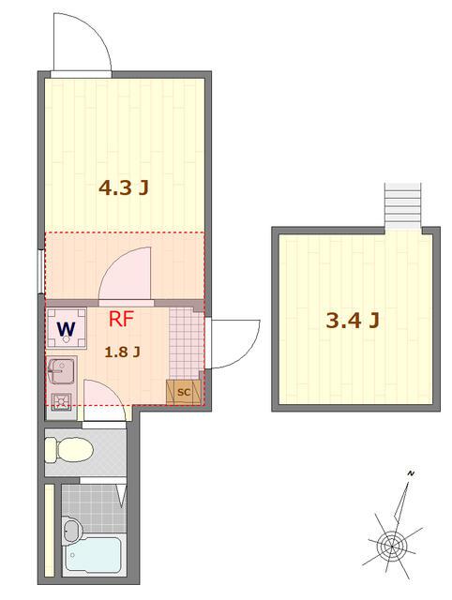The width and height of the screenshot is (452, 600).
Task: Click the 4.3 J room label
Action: click(124, 187)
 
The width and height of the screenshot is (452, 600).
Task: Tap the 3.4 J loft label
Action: click(352, 322)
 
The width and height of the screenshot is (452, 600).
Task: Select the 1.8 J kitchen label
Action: click(122, 352)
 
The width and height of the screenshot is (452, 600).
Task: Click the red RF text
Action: click(122, 318)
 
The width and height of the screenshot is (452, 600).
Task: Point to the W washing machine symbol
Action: click(66, 329)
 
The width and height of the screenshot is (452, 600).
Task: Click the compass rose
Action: click(393, 542)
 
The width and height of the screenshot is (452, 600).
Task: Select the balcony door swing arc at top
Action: click(82, 42)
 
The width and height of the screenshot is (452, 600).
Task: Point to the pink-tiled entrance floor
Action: click(185, 342)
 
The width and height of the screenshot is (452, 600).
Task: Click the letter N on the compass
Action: click(410, 475)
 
